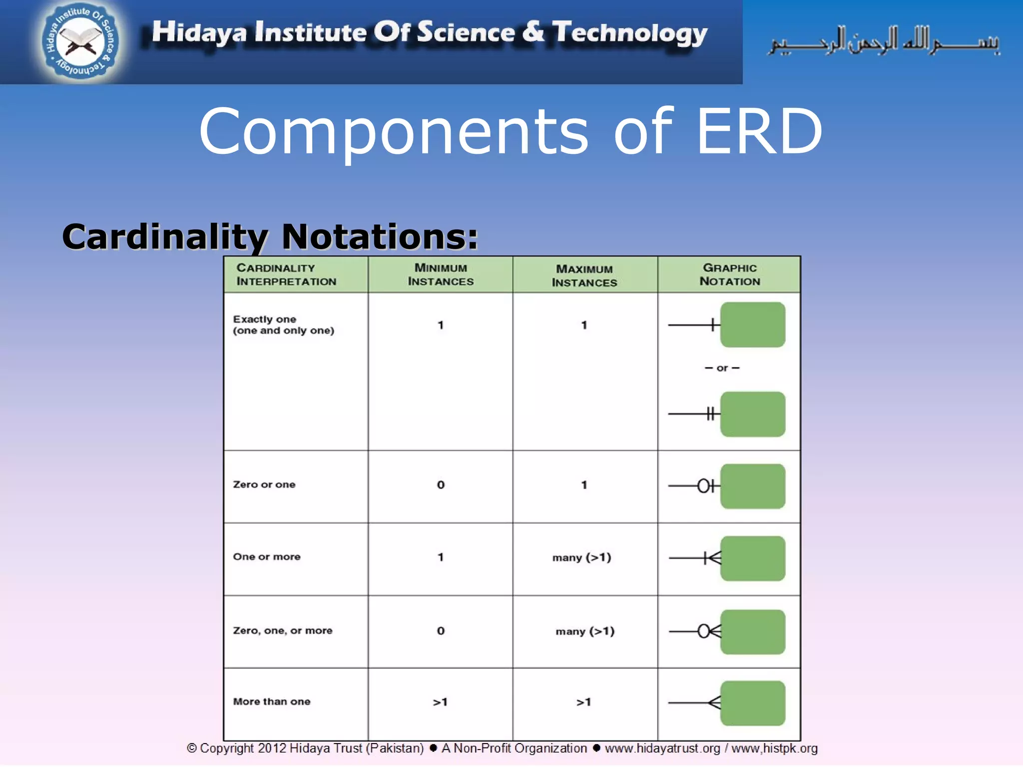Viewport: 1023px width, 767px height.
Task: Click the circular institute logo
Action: tap(80, 41)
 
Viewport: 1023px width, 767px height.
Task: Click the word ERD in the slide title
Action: tap(759, 131)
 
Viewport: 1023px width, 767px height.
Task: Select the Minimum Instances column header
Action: tap(441, 275)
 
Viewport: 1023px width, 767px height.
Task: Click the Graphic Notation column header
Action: tap(729, 275)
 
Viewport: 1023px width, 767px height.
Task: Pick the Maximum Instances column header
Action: tap(584, 276)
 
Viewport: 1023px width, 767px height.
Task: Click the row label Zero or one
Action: tap(264, 484)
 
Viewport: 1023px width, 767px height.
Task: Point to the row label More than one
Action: tap(272, 702)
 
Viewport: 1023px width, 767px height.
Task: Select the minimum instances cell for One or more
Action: tap(441, 557)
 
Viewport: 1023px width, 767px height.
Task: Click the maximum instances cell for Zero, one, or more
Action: tap(585, 631)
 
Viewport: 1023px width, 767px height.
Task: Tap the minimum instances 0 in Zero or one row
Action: tap(441, 485)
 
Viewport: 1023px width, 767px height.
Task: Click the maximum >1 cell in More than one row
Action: tap(584, 702)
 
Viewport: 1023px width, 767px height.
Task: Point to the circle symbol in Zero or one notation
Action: tap(703, 485)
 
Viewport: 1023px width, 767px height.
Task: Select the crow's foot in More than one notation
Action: tap(715, 703)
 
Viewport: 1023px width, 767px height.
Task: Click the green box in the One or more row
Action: tap(752, 558)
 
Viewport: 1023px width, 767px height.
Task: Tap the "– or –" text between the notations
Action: tap(722, 368)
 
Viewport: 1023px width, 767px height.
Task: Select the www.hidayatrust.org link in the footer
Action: tap(662, 749)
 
